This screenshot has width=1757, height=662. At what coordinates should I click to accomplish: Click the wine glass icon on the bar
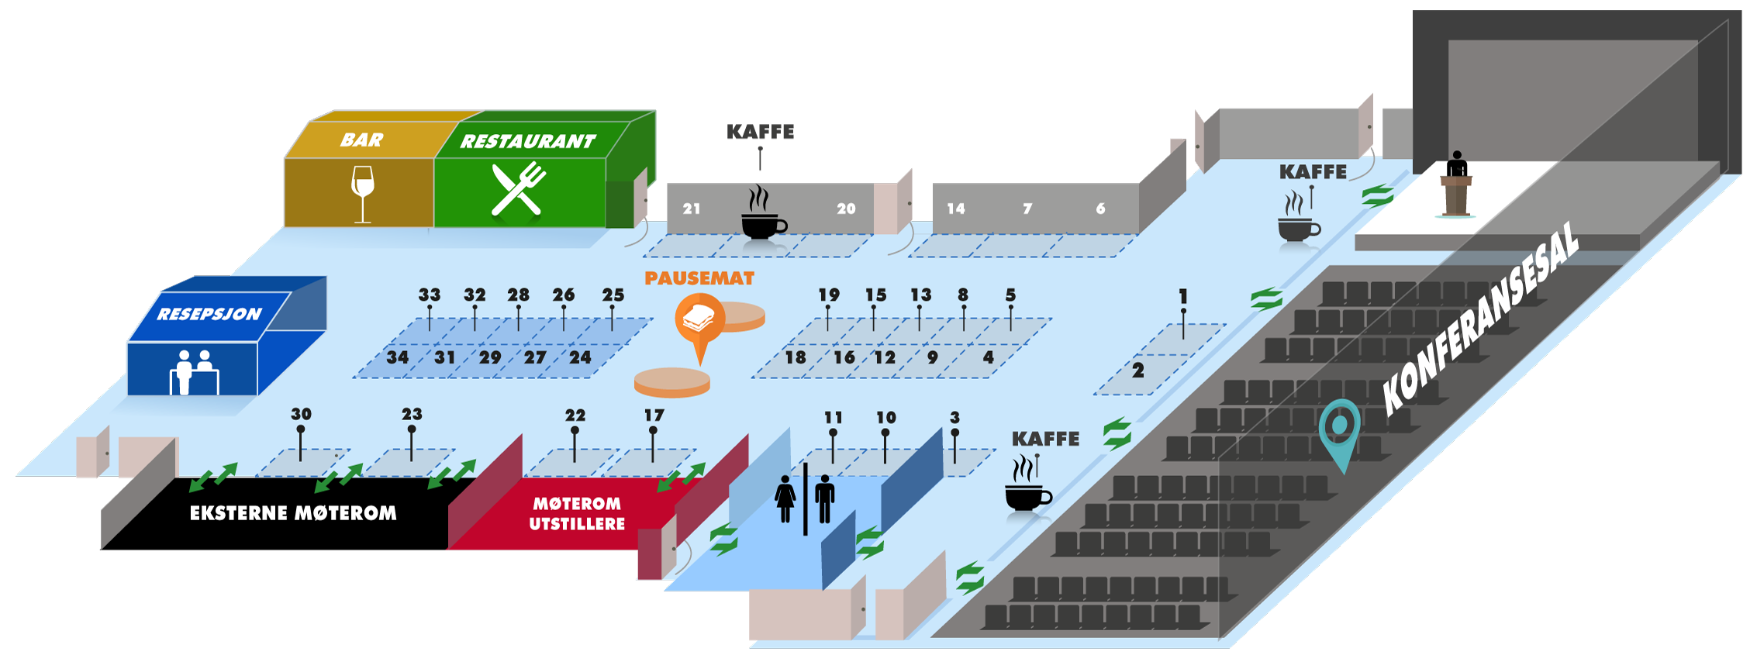click(x=362, y=193)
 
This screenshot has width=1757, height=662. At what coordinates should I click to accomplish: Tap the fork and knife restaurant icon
click(x=518, y=188)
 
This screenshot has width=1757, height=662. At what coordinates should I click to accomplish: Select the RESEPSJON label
click(x=209, y=314)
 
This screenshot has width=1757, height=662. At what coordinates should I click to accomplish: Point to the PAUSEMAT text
click(x=699, y=278)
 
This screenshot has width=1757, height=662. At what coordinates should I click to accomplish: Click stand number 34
click(x=398, y=357)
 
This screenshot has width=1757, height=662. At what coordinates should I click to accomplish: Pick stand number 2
click(x=1137, y=371)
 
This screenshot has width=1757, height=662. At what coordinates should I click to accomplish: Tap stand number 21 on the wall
click(x=692, y=209)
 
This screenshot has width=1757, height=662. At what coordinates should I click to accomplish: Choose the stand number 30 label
click(x=301, y=415)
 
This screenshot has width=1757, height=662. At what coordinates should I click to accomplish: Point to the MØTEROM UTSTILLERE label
click(x=577, y=513)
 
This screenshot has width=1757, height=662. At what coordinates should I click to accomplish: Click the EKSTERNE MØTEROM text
click(x=293, y=513)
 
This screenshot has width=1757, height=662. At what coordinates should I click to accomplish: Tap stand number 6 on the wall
click(x=1100, y=209)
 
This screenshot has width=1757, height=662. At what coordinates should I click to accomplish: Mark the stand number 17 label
click(x=654, y=415)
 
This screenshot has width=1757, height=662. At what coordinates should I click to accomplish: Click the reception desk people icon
click(x=193, y=371)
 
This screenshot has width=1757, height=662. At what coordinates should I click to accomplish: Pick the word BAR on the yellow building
click(x=361, y=140)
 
